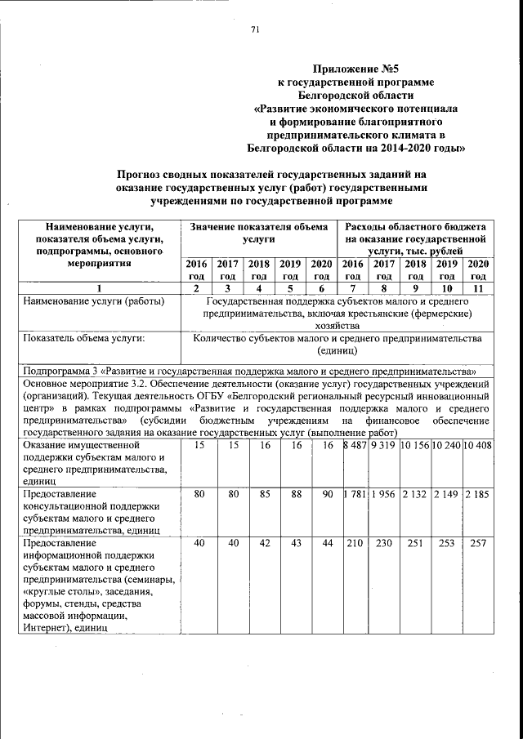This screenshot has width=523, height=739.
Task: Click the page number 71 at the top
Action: (x=254, y=30)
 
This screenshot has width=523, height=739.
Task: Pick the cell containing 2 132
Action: (x=415, y=494)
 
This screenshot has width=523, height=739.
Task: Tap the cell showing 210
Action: (x=353, y=543)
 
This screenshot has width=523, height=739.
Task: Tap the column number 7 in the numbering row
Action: (x=353, y=287)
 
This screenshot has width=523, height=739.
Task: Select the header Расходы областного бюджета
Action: (x=416, y=226)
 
